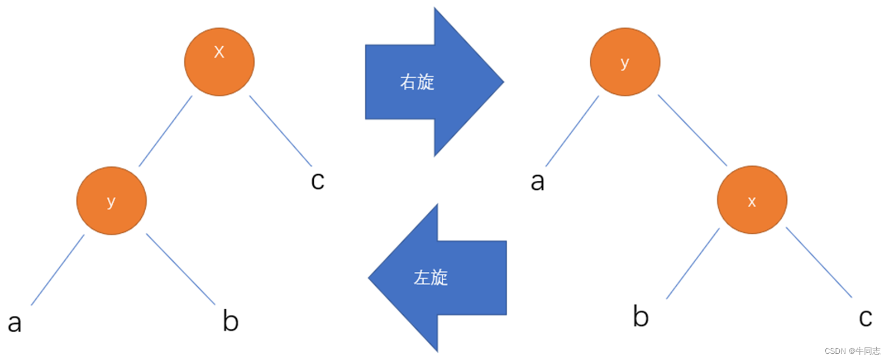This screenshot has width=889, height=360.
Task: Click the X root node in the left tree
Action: pyautogui.click(x=219, y=61)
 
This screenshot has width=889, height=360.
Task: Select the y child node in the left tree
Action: pyautogui.click(x=111, y=200)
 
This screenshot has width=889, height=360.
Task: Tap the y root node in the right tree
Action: pyautogui.click(x=625, y=61)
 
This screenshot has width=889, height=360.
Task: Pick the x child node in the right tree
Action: pyautogui.click(x=752, y=200)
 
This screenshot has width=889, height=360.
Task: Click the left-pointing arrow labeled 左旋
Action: pyautogui.click(x=441, y=277)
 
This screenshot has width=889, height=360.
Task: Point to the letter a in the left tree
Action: pyautogui.click(x=15, y=323)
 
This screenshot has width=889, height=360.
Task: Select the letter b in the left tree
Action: pyautogui.click(x=231, y=320)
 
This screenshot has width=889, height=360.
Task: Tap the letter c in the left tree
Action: pyautogui.click(x=317, y=180)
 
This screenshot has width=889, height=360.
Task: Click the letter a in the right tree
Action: pyautogui.click(x=537, y=181)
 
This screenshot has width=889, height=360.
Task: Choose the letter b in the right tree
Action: pyautogui.click(x=641, y=316)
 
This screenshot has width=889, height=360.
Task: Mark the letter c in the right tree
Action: pyautogui.click(x=865, y=318)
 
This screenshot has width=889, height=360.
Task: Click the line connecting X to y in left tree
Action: pyautogui.click(x=165, y=131)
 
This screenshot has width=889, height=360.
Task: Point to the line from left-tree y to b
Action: pyautogui.click(x=180, y=269)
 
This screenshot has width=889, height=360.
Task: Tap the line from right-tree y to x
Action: pyautogui.click(x=692, y=130)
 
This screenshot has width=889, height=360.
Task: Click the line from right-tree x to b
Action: pyautogui.click(x=693, y=263)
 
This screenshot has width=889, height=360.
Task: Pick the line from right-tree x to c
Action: pyautogui.click(x=819, y=262)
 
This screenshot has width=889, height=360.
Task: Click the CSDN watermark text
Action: pyautogui.click(x=852, y=351)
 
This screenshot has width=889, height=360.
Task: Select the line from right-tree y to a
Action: pyautogui.click(x=572, y=131)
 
